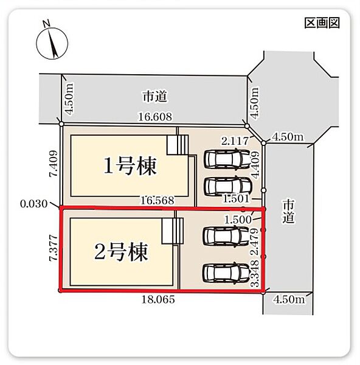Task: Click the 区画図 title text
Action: point(322,23)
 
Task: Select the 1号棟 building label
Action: point(130,165)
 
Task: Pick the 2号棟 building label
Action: point(121,252)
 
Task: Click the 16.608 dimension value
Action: point(155,117)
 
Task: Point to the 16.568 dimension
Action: point(157,200)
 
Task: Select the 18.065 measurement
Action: point(158,299)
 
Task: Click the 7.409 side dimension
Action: point(53,164)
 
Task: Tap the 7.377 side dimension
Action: point(53,248)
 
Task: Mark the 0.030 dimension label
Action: point(33,204)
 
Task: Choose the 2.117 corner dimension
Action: point(235,141)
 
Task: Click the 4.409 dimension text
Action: point(255,165)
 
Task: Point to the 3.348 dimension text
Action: point(255,273)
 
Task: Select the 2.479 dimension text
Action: point(255,242)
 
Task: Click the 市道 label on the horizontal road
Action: point(155,97)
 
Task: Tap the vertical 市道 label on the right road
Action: point(289,212)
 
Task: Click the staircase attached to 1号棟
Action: point(178,145)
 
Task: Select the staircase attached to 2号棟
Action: point(173,231)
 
